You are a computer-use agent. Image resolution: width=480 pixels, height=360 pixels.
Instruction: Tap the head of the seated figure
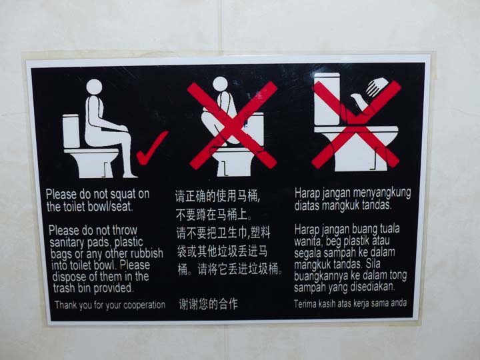[x=94, y=87]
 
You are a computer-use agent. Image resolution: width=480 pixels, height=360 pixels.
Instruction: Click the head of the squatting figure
[x=221, y=84]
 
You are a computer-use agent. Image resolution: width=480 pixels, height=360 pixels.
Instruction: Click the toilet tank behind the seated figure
[x=71, y=131]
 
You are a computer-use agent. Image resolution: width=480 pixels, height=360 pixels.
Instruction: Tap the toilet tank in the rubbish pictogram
[x=327, y=99]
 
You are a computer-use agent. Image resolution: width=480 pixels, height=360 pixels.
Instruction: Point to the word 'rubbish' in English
[x=146, y=253]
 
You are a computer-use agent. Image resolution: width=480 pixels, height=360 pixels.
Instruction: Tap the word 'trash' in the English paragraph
[x=64, y=288]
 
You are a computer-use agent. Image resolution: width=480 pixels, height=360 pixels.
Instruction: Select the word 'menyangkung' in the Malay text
[x=382, y=193]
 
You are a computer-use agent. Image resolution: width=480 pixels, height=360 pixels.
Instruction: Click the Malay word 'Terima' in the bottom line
[x=305, y=304]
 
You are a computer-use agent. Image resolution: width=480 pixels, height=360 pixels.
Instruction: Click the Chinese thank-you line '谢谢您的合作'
[x=209, y=304]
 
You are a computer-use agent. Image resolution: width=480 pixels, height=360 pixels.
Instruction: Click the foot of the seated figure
[x=130, y=175]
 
